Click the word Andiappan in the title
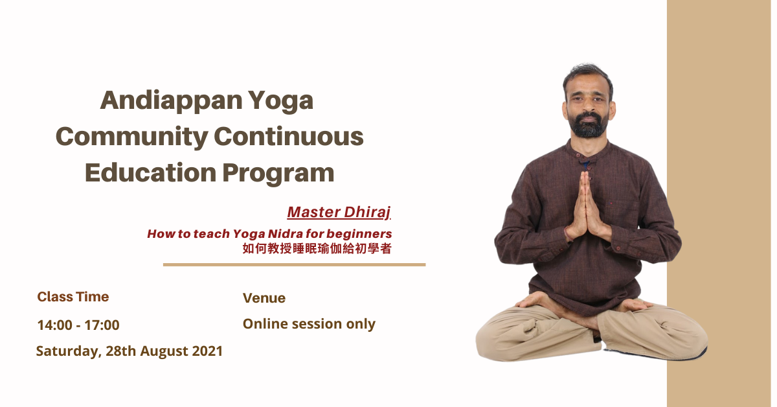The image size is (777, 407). point(171,101)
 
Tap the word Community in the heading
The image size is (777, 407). point(132,137)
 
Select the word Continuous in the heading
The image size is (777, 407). point(289,136)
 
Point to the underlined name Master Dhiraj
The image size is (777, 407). point(339,212)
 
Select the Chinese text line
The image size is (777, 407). point(317,249)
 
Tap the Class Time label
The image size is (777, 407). point(73,297)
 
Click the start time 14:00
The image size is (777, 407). point(54,325)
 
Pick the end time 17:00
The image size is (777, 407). point(102,325)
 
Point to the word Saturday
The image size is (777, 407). point(69,351)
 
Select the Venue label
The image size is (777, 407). point(264,298)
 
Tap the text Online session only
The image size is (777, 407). point(309,324)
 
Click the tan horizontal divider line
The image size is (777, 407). point(294,264)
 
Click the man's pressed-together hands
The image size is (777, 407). point(586,209)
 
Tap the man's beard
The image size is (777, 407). point(589,125)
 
